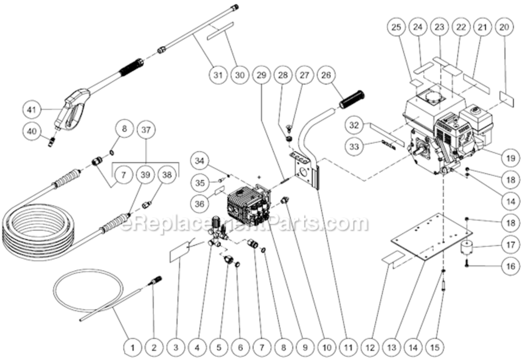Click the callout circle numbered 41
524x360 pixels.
32,110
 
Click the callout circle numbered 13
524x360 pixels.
392,346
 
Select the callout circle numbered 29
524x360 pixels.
261,75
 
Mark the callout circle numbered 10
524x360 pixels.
326,346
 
